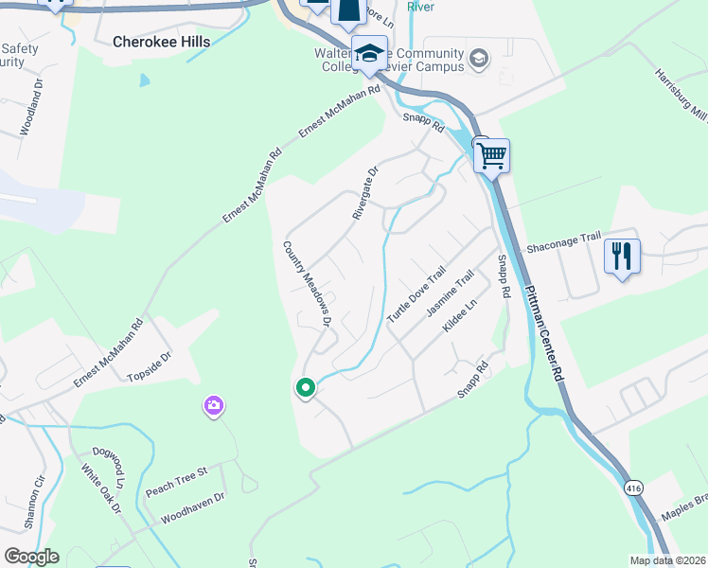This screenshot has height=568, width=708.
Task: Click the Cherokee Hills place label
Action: point(161,42)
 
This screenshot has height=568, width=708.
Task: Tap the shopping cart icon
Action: point(491,155)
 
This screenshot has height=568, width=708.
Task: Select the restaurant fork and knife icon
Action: point(622,257)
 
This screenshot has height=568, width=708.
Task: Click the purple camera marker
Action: point(214,406)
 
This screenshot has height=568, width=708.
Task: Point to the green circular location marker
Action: point(305,387)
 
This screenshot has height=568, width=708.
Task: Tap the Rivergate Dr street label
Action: point(365,193)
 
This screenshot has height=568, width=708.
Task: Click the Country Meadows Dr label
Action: point(307,284)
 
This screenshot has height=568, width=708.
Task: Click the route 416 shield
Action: point(634,486)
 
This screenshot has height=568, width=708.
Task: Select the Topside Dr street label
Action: point(150,367)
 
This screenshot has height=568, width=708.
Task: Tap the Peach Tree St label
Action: point(176,480)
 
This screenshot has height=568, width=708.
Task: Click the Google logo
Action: point(31,557)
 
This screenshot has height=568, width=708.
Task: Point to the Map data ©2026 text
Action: point(666,560)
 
